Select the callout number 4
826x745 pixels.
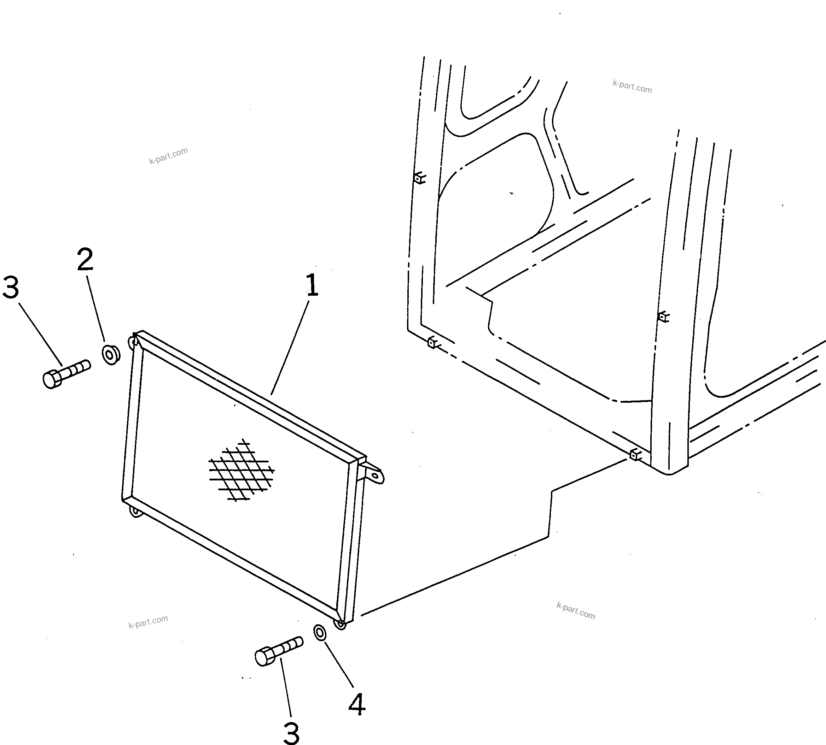(356, 704)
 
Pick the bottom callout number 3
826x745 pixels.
(291, 733)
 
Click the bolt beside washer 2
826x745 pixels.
(65, 373)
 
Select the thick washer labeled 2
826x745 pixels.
(111, 355)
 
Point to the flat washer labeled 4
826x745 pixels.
(320, 632)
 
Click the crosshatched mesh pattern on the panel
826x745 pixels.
(241, 470)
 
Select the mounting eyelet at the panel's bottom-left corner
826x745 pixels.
(134, 511)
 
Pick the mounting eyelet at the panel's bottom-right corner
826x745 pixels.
(340, 624)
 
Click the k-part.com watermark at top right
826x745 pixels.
(632, 87)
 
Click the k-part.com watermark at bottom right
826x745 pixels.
(576, 611)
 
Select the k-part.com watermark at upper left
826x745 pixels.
(168, 155)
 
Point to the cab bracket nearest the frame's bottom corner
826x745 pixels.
(635, 454)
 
